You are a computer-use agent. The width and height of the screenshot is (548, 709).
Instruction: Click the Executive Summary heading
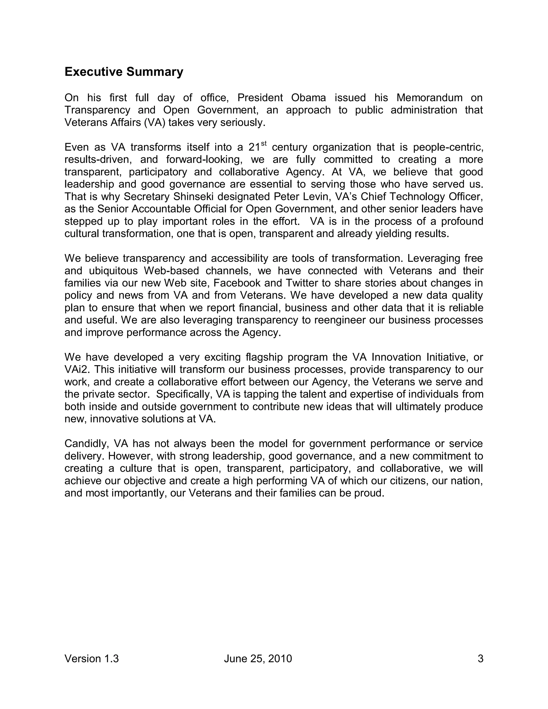pos(124,72)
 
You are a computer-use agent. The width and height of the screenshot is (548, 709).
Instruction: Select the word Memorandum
pos(429,98)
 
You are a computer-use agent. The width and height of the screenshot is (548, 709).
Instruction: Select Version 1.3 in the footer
pos(92,659)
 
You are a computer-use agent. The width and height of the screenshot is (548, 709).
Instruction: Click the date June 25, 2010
pos(258,659)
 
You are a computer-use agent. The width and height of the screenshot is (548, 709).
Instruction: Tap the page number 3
pos(481,659)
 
